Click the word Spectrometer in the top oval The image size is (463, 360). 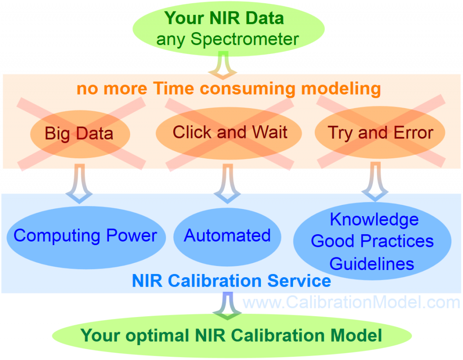coord(245,39)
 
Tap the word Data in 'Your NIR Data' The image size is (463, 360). coord(265,18)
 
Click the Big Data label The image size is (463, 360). coord(79,133)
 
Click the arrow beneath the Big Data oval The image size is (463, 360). coord(79,184)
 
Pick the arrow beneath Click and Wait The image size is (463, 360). coord(227,184)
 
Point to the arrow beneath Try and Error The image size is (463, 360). coord(375,182)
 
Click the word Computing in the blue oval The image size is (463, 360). coord(57,236)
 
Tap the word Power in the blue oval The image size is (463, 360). coord(132,235)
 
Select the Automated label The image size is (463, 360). coord(227,235)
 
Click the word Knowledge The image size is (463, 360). coord(374,220)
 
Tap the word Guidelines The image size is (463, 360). coord(372,264)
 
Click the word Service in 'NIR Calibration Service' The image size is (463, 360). coord(299,280)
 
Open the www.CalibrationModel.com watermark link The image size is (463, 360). coord(351,302)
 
